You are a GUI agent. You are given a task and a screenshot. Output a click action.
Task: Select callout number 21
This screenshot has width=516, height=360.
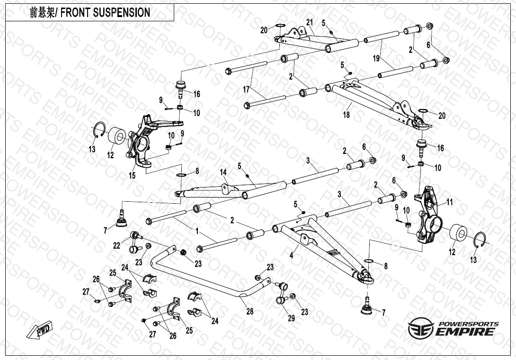tap(310, 23)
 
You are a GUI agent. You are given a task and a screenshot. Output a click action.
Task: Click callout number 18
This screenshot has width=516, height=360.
tap(347, 115)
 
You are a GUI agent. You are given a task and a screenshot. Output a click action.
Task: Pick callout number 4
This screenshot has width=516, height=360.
tap(292, 255)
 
